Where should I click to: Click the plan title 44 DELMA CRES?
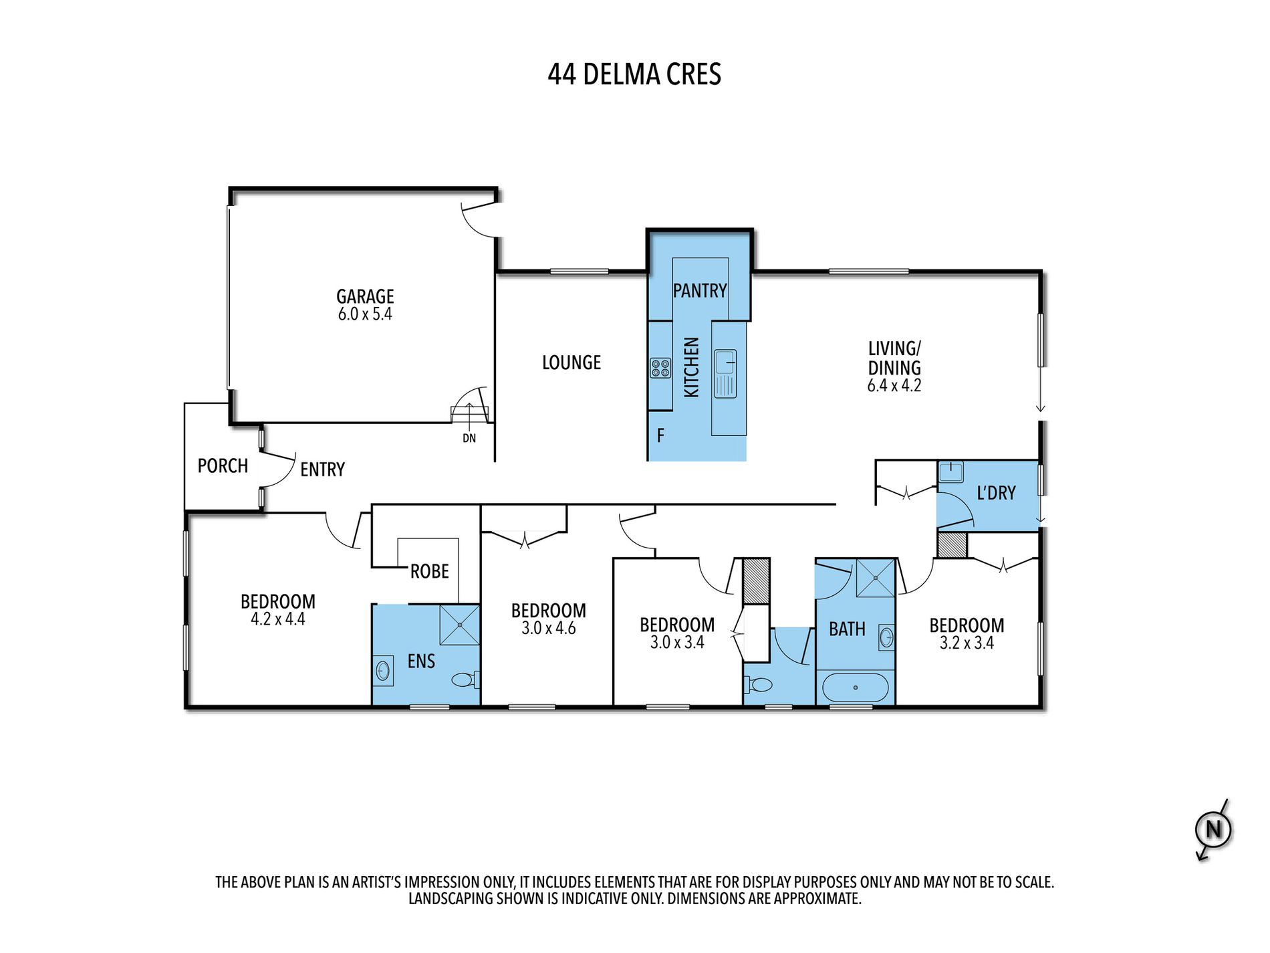click(x=634, y=74)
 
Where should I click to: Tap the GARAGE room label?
click(x=365, y=296)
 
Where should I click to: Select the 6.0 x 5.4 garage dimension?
click(x=365, y=314)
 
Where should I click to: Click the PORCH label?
click(x=223, y=465)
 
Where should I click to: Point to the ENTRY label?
click(x=322, y=469)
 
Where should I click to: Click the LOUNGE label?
click(x=571, y=362)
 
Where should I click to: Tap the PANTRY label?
click(x=700, y=290)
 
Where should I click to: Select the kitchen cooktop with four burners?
click(x=660, y=368)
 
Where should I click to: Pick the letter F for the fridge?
click(x=660, y=436)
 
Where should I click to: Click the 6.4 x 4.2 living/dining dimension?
click(x=894, y=386)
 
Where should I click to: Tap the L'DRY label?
click(x=996, y=493)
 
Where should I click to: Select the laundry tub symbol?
click(x=950, y=472)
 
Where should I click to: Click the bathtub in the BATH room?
click(x=856, y=687)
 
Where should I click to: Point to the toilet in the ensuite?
click(x=465, y=680)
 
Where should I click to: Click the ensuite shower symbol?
click(x=460, y=625)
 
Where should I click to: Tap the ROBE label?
click(x=430, y=572)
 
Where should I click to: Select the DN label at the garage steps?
click(x=469, y=438)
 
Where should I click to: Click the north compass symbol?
click(x=1213, y=830)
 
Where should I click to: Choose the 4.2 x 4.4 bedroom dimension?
click(x=277, y=619)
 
